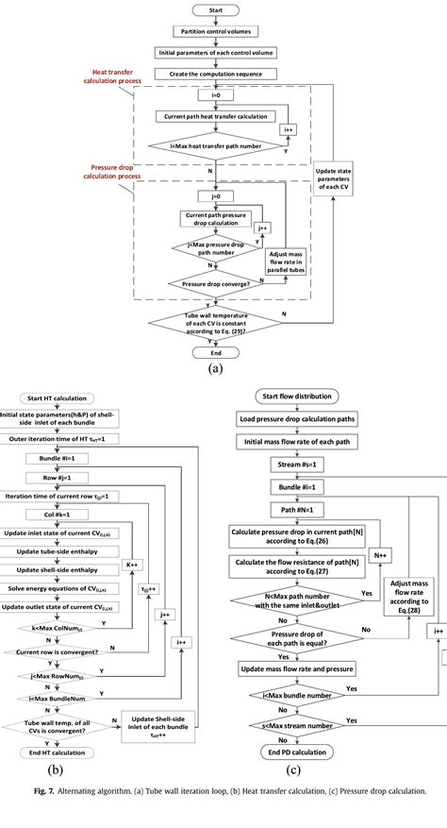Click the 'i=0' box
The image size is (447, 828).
[x=216, y=94]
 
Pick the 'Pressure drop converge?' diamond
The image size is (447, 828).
[x=216, y=281]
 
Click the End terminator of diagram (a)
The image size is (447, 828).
[x=216, y=352]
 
